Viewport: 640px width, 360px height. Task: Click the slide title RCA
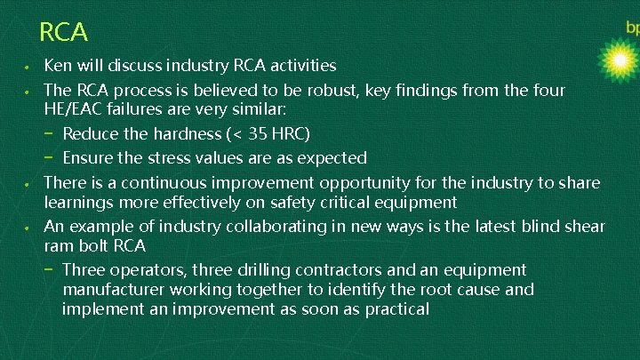point(64,33)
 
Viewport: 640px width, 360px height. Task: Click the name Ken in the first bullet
point(59,66)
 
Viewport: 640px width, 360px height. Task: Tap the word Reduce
point(92,134)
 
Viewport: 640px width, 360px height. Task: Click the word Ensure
point(92,158)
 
